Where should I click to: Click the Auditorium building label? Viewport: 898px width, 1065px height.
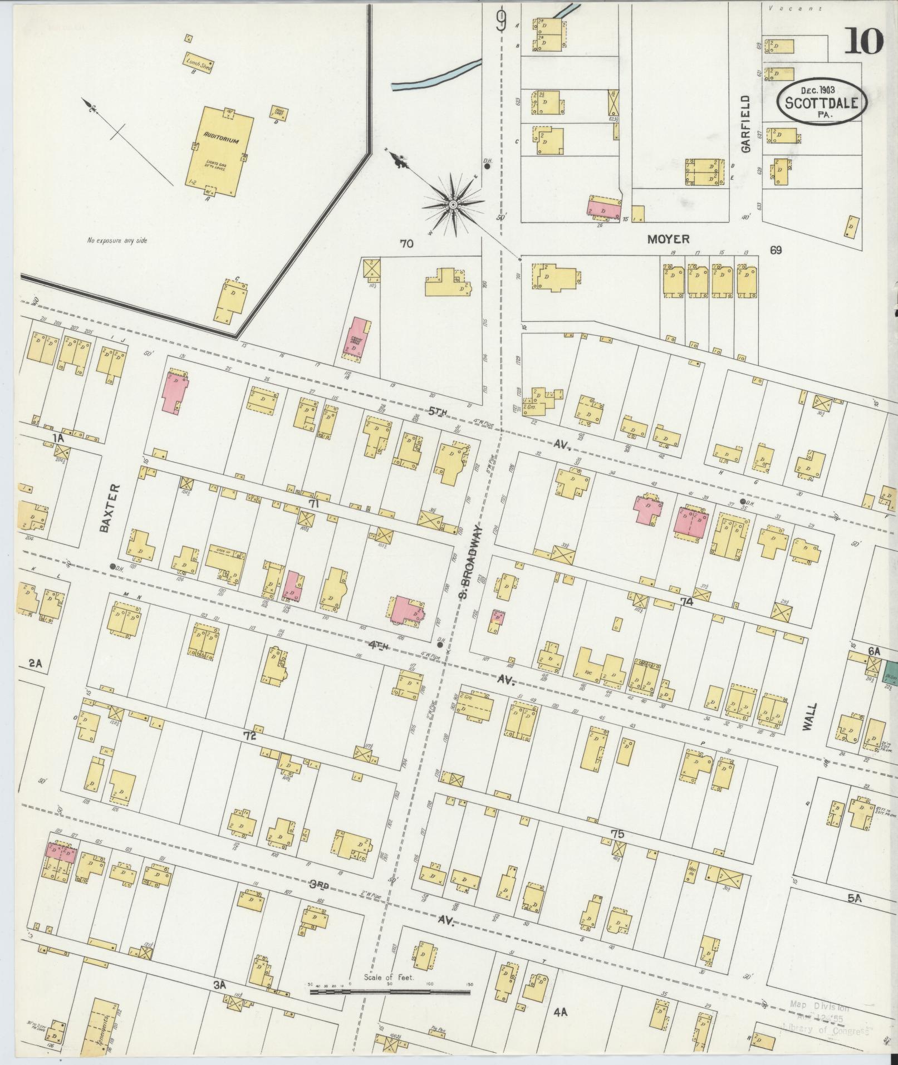click(x=220, y=141)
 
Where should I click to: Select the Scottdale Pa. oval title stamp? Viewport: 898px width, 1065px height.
click(x=822, y=101)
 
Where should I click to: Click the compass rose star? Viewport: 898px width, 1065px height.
click(x=453, y=205)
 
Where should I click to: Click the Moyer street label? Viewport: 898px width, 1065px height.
click(x=669, y=239)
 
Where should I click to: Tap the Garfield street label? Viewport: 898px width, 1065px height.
click(x=746, y=124)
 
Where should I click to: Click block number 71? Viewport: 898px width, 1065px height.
click(x=314, y=503)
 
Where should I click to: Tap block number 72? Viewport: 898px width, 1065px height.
click(x=249, y=735)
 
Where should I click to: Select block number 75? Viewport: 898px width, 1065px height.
click(x=617, y=834)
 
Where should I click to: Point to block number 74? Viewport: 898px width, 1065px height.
click(x=686, y=602)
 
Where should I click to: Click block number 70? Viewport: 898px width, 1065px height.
click(x=406, y=243)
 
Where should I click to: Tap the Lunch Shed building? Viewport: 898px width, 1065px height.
click(x=199, y=63)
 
